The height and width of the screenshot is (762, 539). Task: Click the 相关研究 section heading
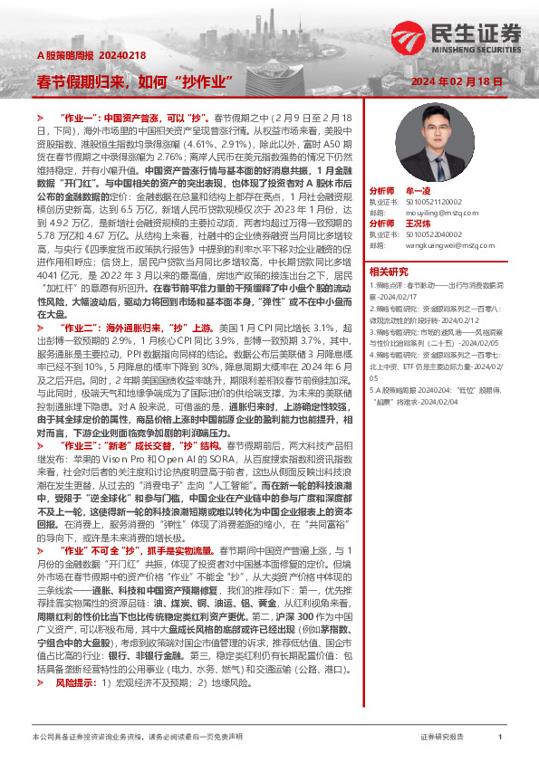[389, 271]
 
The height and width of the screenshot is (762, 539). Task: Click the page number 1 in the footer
[500, 738]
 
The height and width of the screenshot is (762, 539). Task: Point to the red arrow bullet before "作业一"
[40, 119]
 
